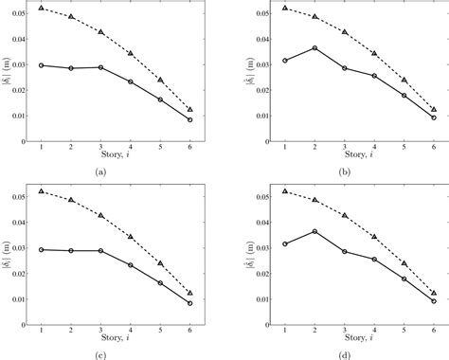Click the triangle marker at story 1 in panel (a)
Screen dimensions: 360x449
42,8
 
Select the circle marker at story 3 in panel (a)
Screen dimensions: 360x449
100,67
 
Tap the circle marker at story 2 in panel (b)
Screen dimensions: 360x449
314,47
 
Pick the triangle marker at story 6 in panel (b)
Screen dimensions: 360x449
433,110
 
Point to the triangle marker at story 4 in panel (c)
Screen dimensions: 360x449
131,236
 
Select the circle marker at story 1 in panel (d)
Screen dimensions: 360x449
285,243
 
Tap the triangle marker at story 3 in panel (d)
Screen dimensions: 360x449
344,216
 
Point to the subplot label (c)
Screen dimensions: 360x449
101,354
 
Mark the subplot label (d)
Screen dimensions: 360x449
345,354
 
